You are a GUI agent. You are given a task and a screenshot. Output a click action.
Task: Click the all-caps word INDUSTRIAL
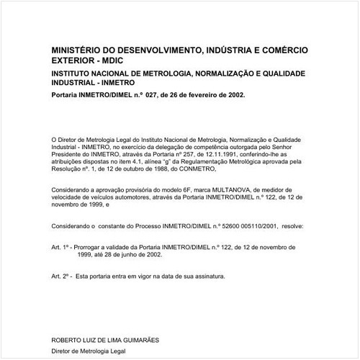pyautogui.click(x=76, y=84)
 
